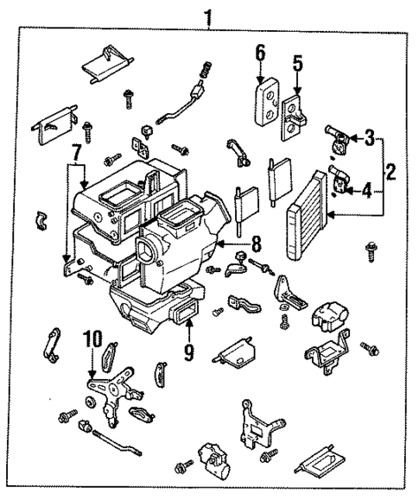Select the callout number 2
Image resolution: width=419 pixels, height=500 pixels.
click(x=390, y=172)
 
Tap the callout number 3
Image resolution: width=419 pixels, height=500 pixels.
click(x=368, y=137)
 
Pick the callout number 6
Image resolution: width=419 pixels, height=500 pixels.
click(x=259, y=54)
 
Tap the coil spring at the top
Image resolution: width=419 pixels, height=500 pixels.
click(x=206, y=70)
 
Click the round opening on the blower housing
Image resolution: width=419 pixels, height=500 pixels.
click(x=144, y=251)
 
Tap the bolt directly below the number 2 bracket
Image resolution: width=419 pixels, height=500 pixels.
click(x=372, y=250)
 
